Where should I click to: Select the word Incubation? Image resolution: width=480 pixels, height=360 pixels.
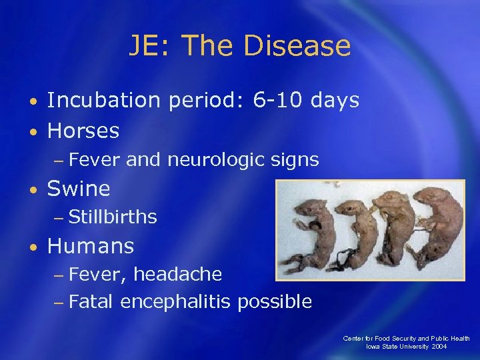(x=103, y=101)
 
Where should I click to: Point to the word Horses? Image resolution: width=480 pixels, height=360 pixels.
(x=83, y=131)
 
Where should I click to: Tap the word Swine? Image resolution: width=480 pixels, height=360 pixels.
(x=79, y=189)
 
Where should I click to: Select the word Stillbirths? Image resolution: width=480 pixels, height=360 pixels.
(x=113, y=217)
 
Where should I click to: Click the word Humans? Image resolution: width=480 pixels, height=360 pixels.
(x=91, y=246)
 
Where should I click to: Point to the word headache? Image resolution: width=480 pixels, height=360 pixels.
(x=178, y=274)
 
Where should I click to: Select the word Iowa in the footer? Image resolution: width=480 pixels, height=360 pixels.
(x=373, y=347)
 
